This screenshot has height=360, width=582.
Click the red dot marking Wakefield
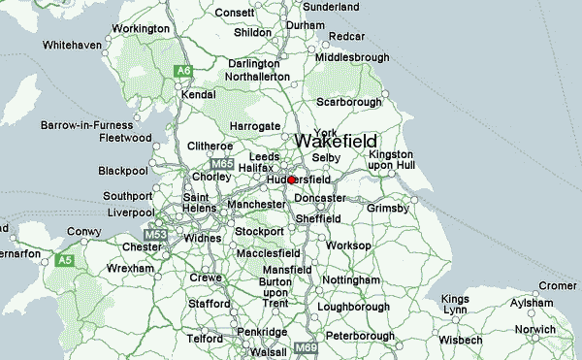click(291, 180)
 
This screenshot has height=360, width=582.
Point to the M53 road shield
click(155, 235)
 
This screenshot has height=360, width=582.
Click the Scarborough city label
click(349, 102)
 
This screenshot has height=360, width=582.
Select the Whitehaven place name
click(72, 45)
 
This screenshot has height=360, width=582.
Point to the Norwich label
click(535, 330)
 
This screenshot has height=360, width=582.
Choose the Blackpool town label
click(123, 171)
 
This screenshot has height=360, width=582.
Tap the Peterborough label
click(359, 335)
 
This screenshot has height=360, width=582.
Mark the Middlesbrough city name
click(351, 57)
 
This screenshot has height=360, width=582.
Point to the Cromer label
click(557, 285)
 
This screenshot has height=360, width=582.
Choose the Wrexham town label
click(104, 267)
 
